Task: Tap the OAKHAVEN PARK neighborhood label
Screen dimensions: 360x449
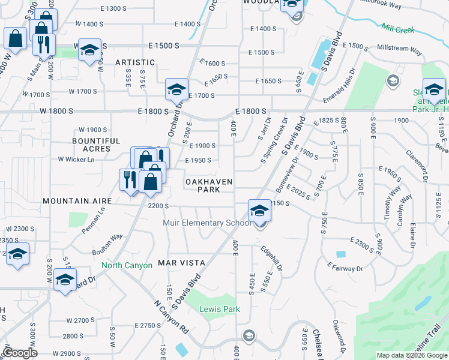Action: [208, 185]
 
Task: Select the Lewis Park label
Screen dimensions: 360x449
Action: [220, 310]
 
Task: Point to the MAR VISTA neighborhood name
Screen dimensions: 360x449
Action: [181, 263]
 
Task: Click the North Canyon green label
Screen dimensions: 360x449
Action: [127, 265]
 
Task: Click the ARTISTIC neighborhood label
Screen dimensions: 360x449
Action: [135, 62]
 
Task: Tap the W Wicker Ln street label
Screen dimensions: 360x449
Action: [76, 160]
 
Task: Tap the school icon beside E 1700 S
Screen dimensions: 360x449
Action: [177, 90]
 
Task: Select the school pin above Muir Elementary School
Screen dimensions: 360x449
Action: [259, 211]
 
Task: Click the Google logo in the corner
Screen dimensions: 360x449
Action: [19, 353]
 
